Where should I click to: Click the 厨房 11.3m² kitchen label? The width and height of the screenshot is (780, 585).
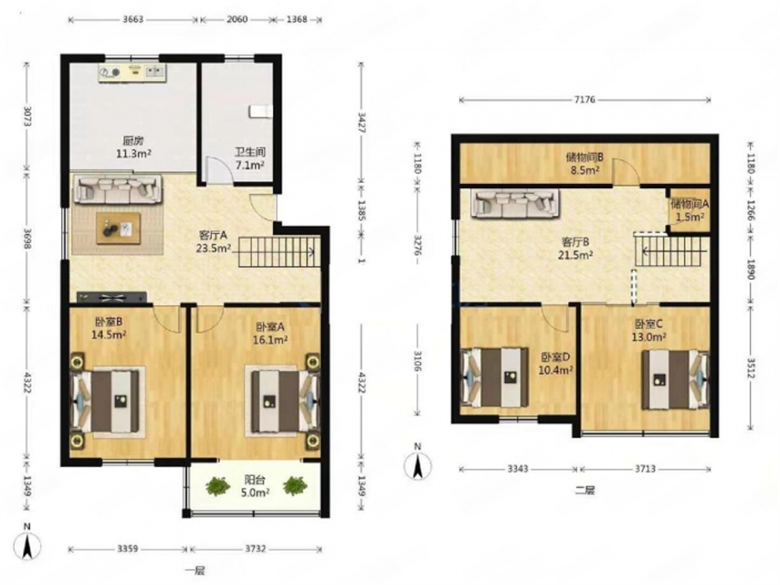pyautogui.click(x=133, y=147)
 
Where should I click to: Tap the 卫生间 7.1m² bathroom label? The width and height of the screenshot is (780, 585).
pyautogui.click(x=250, y=159)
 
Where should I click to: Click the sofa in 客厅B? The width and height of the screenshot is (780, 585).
pyautogui.click(x=515, y=203)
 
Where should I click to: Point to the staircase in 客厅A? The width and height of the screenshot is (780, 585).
pyautogui.click(x=277, y=253)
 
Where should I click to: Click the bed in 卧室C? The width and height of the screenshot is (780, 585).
pyautogui.click(x=675, y=379)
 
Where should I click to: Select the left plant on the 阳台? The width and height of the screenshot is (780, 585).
pyautogui.click(x=217, y=486)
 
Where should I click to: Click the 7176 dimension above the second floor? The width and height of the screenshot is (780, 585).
pyautogui.click(x=585, y=100)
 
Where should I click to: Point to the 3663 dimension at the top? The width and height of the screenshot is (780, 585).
pyautogui.click(x=133, y=19)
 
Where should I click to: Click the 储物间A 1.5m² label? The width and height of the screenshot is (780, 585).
pyautogui.click(x=689, y=210)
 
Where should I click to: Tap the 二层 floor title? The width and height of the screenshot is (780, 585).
pyautogui.click(x=585, y=490)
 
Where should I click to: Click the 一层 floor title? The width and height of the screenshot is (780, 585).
pyautogui.click(x=195, y=571)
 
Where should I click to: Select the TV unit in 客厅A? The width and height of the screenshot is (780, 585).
pyautogui.click(x=112, y=297)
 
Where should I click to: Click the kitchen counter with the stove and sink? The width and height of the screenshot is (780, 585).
pyautogui.click(x=132, y=73)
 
